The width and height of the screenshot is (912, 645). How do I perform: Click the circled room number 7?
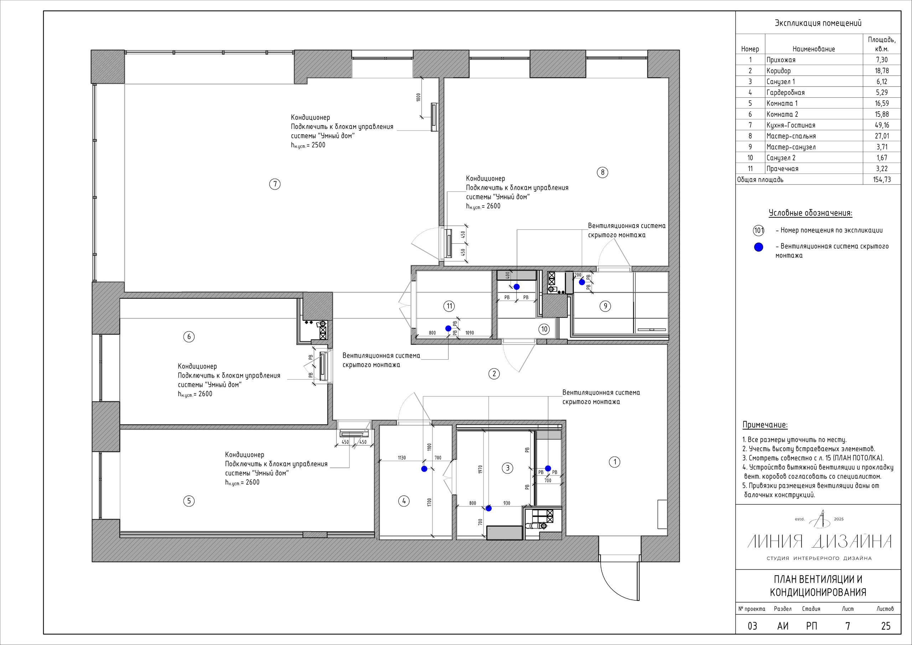[x=274, y=184]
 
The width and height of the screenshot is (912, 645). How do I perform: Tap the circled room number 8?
[x=602, y=172]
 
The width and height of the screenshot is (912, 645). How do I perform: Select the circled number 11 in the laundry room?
[x=449, y=306]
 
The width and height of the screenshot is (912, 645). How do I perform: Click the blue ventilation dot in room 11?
[x=448, y=328]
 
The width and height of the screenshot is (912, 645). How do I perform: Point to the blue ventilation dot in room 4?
[x=424, y=469]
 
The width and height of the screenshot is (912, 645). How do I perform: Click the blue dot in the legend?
[x=759, y=247]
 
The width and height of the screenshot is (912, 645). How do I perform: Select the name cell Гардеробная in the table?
[x=785, y=93]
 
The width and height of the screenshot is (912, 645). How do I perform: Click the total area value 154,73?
[x=882, y=180]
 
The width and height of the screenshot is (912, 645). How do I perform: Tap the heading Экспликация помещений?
[x=818, y=23]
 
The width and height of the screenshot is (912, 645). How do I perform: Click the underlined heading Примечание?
[x=765, y=425]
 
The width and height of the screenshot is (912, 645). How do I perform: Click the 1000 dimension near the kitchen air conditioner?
[x=418, y=97]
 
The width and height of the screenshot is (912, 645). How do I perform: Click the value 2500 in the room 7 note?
[x=318, y=145]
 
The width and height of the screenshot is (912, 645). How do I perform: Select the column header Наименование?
[x=813, y=49]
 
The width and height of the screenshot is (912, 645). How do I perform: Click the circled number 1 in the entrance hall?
[x=615, y=462]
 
